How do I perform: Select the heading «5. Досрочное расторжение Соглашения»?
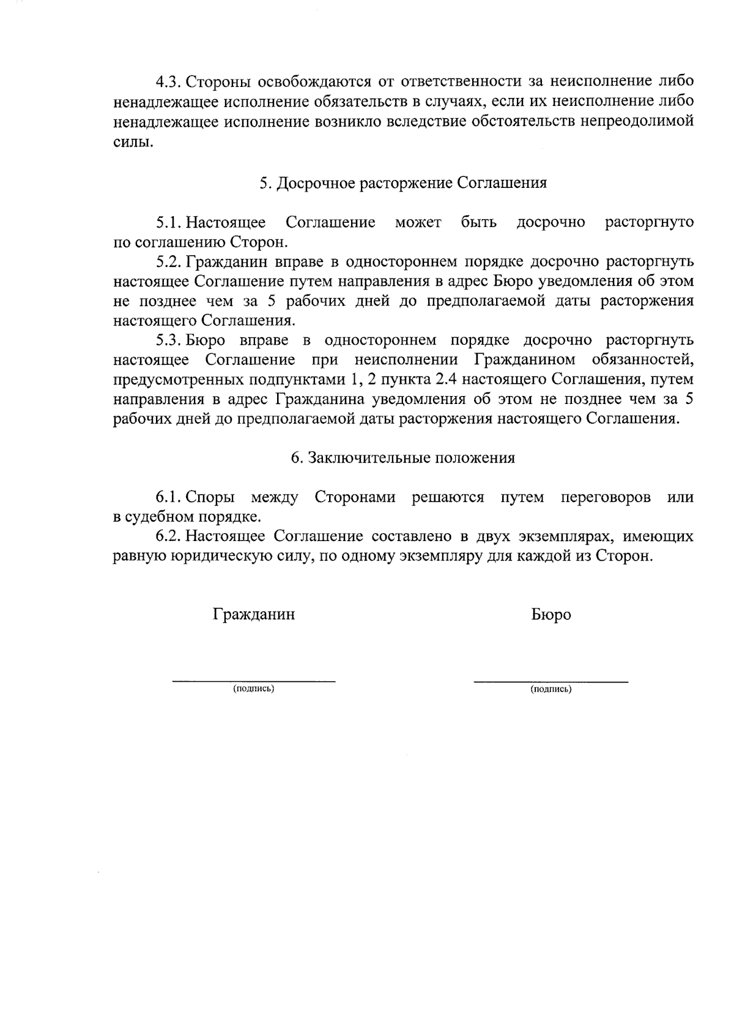click(x=402, y=183)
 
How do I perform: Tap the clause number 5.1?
click(x=169, y=222)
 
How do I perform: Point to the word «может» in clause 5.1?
click(x=418, y=222)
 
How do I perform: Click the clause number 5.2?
click(x=169, y=262)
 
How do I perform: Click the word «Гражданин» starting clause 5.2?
click(x=220, y=262)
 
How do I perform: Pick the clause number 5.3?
click(x=169, y=340)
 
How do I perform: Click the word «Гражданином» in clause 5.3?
click(x=525, y=360)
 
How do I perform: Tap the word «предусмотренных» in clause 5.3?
click(x=178, y=379)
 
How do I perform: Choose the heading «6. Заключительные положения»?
click(x=402, y=458)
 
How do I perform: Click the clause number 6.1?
click(x=169, y=497)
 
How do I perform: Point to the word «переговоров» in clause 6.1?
click(x=606, y=497)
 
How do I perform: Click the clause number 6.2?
click(x=169, y=537)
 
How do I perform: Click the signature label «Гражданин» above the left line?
click(x=253, y=614)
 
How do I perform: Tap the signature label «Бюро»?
click(x=551, y=615)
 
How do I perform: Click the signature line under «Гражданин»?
click(x=253, y=681)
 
